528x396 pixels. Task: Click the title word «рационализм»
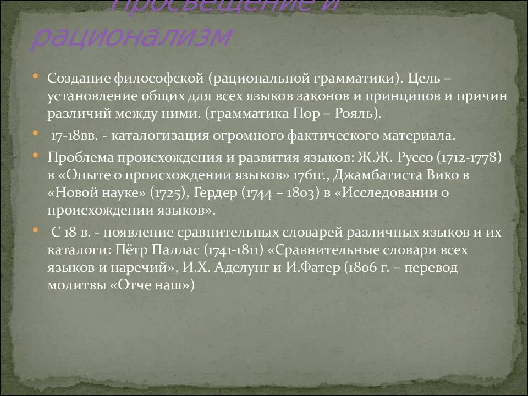point(131,37)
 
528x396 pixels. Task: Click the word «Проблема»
point(79,157)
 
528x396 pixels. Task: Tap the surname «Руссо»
point(412,157)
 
